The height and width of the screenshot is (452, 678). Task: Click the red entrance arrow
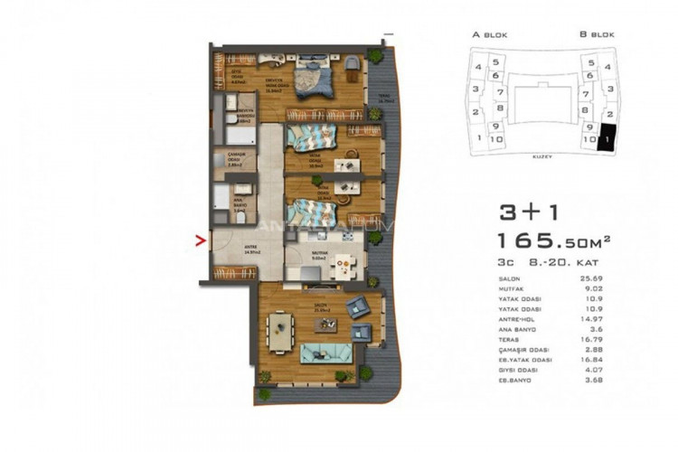point(201,240)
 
